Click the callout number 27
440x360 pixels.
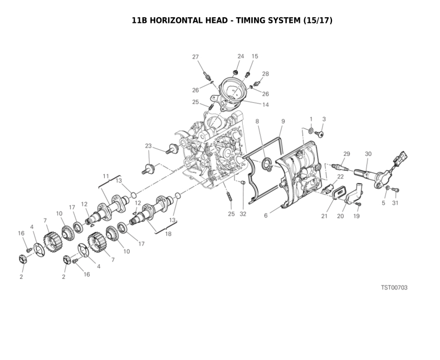(195, 57)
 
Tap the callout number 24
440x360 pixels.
(241, 56)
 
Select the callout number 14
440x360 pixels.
(266, 105)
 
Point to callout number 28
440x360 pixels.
(265, 74)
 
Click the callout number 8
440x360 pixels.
(257, 121)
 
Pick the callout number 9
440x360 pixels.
(283, 121)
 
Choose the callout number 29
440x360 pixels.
(346, 154)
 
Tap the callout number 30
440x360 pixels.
(368, 154)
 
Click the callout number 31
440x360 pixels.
(395, 203)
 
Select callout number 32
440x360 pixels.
(243, 214)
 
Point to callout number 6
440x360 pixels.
(266, 215)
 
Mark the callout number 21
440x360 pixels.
(324, 216)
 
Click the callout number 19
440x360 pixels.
(356, 216)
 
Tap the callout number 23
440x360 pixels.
(148, 146)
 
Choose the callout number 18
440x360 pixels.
(168, 234)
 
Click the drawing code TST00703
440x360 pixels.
(394, 288)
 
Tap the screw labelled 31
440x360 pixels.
(396, 191)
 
